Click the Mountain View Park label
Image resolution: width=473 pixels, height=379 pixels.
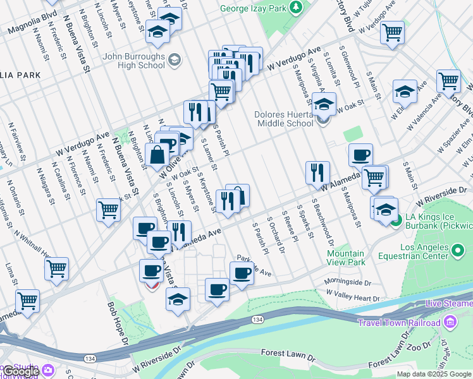[346, 257]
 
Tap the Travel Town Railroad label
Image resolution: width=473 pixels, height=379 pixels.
[399, 323]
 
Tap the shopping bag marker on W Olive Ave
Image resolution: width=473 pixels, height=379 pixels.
[156, 153]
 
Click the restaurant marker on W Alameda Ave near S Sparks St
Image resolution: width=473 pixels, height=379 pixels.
[317, 172]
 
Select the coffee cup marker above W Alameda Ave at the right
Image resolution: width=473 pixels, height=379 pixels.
[360, 155]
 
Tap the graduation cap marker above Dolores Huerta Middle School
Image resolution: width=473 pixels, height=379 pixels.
[324, 104]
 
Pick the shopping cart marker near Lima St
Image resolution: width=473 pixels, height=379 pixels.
[56, 268]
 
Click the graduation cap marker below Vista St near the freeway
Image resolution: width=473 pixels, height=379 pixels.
[178, 299]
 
